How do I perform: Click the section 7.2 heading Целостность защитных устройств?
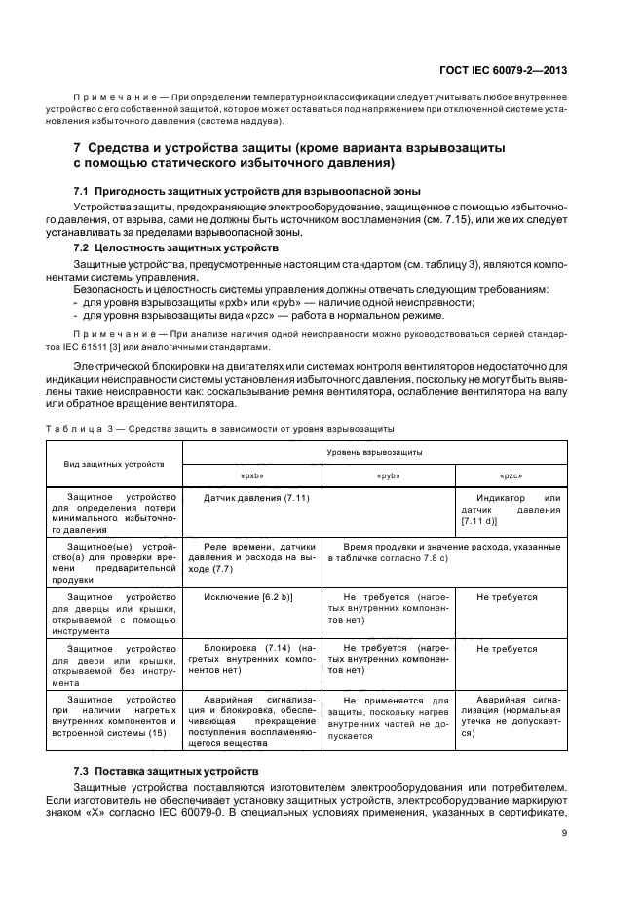(176, 248)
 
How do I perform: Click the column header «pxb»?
(252, 476)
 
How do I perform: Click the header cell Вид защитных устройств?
(115, 465)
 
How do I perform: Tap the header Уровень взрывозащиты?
(374, 454)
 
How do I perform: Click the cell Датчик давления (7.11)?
(257, 498)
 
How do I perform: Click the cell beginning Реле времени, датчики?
(252, 557)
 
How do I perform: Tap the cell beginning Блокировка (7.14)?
(252, 660)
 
